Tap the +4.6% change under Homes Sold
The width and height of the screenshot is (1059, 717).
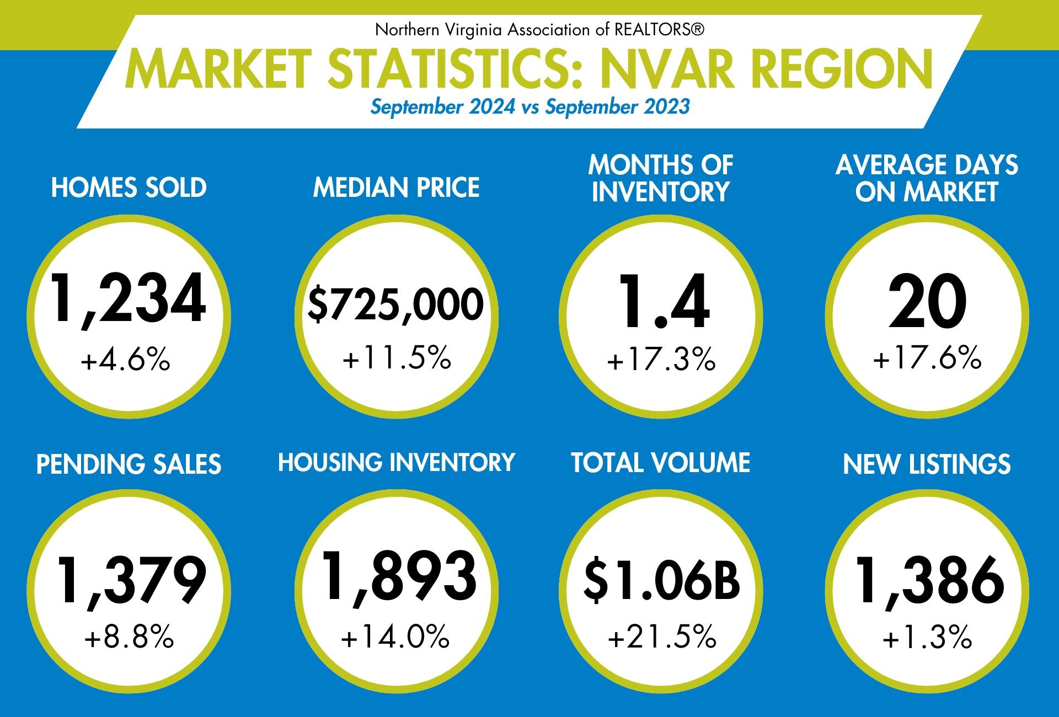[126, 360]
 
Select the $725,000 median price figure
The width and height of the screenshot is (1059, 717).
[395, 304]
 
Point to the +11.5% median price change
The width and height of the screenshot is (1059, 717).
[397, 357]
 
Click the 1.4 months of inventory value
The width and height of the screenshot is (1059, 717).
[664, 302]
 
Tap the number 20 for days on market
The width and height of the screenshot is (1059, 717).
[927, 302]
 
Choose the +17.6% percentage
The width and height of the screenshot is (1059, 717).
[927, 357]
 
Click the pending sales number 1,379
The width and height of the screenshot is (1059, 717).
[131, 581]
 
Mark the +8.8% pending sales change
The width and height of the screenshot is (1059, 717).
[129, 637]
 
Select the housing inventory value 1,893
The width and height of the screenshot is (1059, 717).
[399, 577]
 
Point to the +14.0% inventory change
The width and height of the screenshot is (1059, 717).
[395, 636]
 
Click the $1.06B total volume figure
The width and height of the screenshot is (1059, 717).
[661, 580]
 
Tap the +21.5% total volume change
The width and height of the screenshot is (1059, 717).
[662, 636]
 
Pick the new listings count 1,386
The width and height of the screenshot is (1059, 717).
[929, 581]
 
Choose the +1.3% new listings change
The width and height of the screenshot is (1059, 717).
[927, 638]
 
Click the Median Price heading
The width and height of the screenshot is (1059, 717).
[396, 188]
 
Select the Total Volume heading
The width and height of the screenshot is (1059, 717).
[660, 463]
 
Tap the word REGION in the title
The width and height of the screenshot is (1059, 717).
[842, 69]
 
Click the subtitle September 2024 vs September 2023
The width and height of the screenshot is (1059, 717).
[529, 106]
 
